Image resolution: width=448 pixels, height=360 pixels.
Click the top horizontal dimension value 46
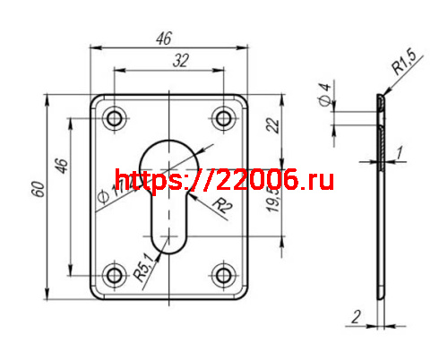click(x=164, y=38)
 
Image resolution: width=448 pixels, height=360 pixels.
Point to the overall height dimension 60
click(x=37, y=190)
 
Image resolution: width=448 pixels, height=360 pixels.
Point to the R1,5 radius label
click(x=404, y=64)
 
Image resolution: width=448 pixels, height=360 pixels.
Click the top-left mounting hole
click(x=114, y=118)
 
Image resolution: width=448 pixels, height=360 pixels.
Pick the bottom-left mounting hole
click(x=114, y=274)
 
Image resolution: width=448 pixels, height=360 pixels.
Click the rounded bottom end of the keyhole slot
click(x=162, y=242)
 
